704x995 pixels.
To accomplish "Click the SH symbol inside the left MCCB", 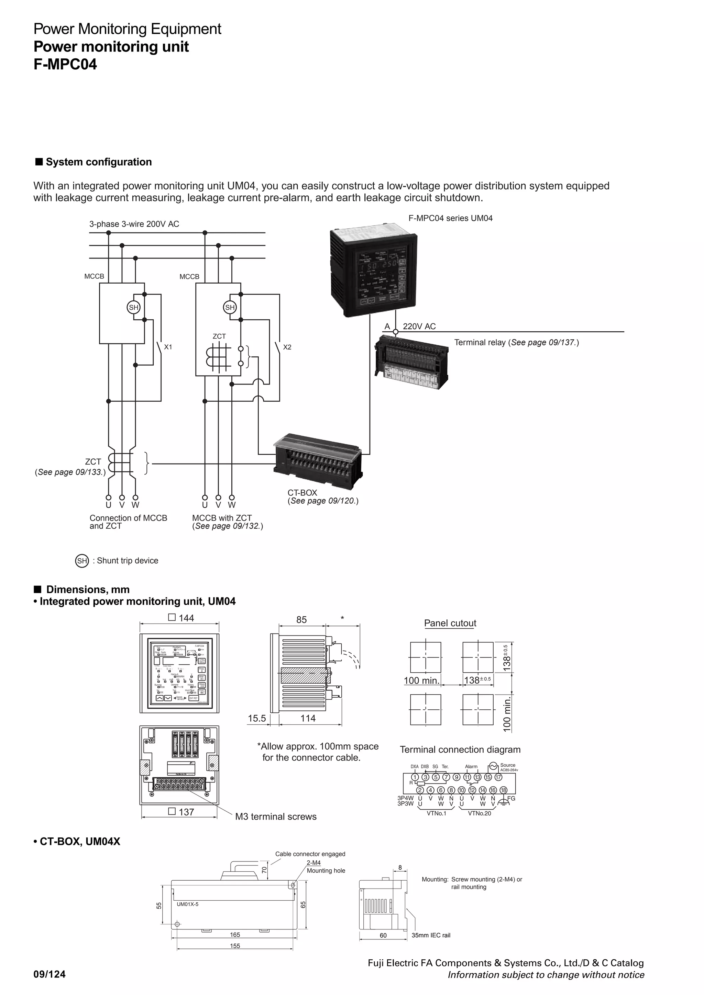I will click(134, 307).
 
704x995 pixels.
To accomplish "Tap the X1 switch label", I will click(168, 347).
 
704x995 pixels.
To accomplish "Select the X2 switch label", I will click(287, 347).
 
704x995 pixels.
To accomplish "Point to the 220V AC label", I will click(419, 326).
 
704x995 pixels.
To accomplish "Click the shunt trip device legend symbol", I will click(82, 560).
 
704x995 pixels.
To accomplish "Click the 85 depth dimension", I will click(301, 620).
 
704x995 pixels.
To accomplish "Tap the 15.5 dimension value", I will click(257, 719).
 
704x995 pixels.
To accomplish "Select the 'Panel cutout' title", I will click(450, 623).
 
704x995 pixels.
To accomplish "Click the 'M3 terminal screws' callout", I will click(276, 816).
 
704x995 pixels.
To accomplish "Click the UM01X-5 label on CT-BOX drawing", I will click(187, 904).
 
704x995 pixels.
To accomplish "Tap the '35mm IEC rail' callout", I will click(431, 935).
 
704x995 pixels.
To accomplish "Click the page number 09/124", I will click(49, 974).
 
